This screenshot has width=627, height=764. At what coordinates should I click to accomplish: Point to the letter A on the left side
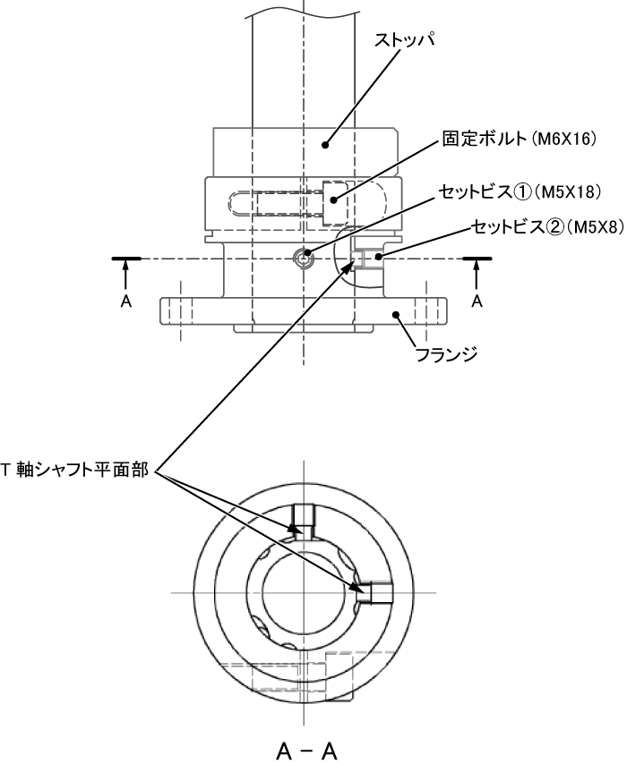tap(125, 301)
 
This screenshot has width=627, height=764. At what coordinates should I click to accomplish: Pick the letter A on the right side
tap(477, 301)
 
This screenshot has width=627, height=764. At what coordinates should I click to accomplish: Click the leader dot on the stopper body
tap(327, 143)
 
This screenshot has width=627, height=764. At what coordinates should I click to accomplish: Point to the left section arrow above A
tap(125, 272)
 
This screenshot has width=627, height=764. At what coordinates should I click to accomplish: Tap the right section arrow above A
tap(477, 272)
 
